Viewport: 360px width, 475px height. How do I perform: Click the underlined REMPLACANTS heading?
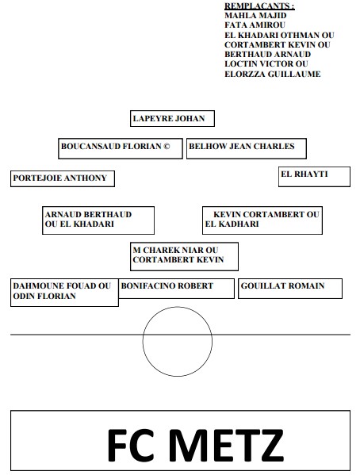pos(259,6)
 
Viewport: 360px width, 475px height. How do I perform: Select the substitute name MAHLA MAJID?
pos(255,15)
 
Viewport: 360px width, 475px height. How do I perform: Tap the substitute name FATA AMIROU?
pos(255,25)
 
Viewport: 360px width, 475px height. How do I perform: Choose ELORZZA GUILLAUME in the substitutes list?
pos(273,74)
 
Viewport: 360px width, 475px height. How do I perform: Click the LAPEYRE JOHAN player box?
pos(172,118)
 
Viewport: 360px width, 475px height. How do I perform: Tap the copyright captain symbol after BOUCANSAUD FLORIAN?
pos(167,147)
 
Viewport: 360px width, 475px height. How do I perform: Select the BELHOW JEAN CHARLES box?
pos(247,148)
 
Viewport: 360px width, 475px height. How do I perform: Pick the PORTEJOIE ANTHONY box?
pos(63,178)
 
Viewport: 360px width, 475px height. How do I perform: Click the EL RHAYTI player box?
pos(314,177)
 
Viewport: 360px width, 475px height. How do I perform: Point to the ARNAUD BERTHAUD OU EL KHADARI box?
pos(98,220)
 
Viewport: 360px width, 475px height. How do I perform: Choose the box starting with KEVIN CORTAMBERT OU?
pos(262,220)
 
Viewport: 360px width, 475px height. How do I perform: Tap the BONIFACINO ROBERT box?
pos(176,289)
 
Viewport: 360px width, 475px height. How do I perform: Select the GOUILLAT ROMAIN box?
pos(290,289)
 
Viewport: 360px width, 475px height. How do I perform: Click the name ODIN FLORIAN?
pos(44,296)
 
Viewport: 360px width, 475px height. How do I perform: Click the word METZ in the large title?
pos(226,445)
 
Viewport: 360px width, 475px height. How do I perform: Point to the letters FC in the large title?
pos(131,445)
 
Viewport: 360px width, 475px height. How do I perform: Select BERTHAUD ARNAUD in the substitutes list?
pos(267,54)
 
